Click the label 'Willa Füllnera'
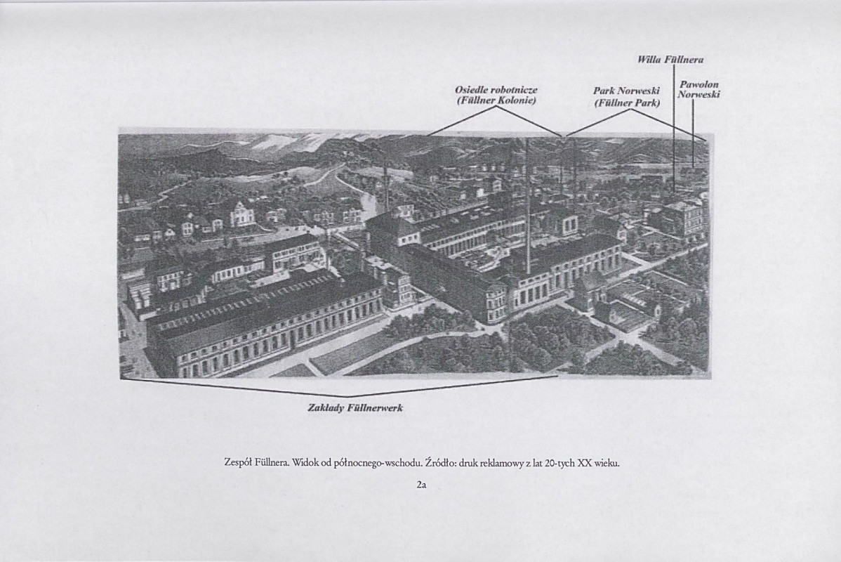coord(670,60)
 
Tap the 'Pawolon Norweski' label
coord(698,90)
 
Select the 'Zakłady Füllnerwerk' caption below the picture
coord(355,408)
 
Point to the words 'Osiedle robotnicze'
coord(496,90)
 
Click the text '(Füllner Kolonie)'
coord(496,100)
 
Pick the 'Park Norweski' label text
coord(626,92)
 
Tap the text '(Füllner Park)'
coord(627,103)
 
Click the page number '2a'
coord(421,485)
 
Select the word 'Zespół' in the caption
coord(237,463)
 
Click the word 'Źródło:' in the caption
coord(440,463)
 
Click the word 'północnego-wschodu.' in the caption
coord(378,463)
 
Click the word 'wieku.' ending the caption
coord(607,463)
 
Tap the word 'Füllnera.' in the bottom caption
coord(272,463)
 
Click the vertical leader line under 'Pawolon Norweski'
coord(693,133)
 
